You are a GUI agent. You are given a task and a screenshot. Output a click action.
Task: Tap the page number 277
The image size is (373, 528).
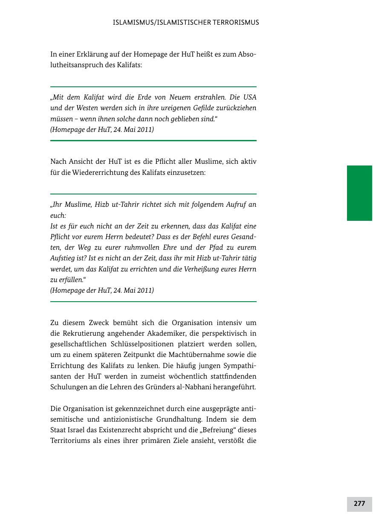click(x=359, y=504)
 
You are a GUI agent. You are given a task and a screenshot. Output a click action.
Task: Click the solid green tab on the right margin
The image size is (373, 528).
click(x=359, y=193)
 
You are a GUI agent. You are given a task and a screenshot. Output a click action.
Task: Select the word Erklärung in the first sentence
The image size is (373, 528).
click(x=92, y=54)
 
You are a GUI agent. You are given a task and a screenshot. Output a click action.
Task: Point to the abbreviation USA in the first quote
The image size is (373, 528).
click(x=249, y=97)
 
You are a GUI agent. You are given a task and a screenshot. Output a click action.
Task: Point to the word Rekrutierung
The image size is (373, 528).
click(x=90, y=334)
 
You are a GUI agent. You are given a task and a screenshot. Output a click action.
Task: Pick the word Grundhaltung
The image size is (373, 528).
click(x=177, y=420)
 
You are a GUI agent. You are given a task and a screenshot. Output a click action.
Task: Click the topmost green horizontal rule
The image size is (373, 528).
click(x=153, y=87)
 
